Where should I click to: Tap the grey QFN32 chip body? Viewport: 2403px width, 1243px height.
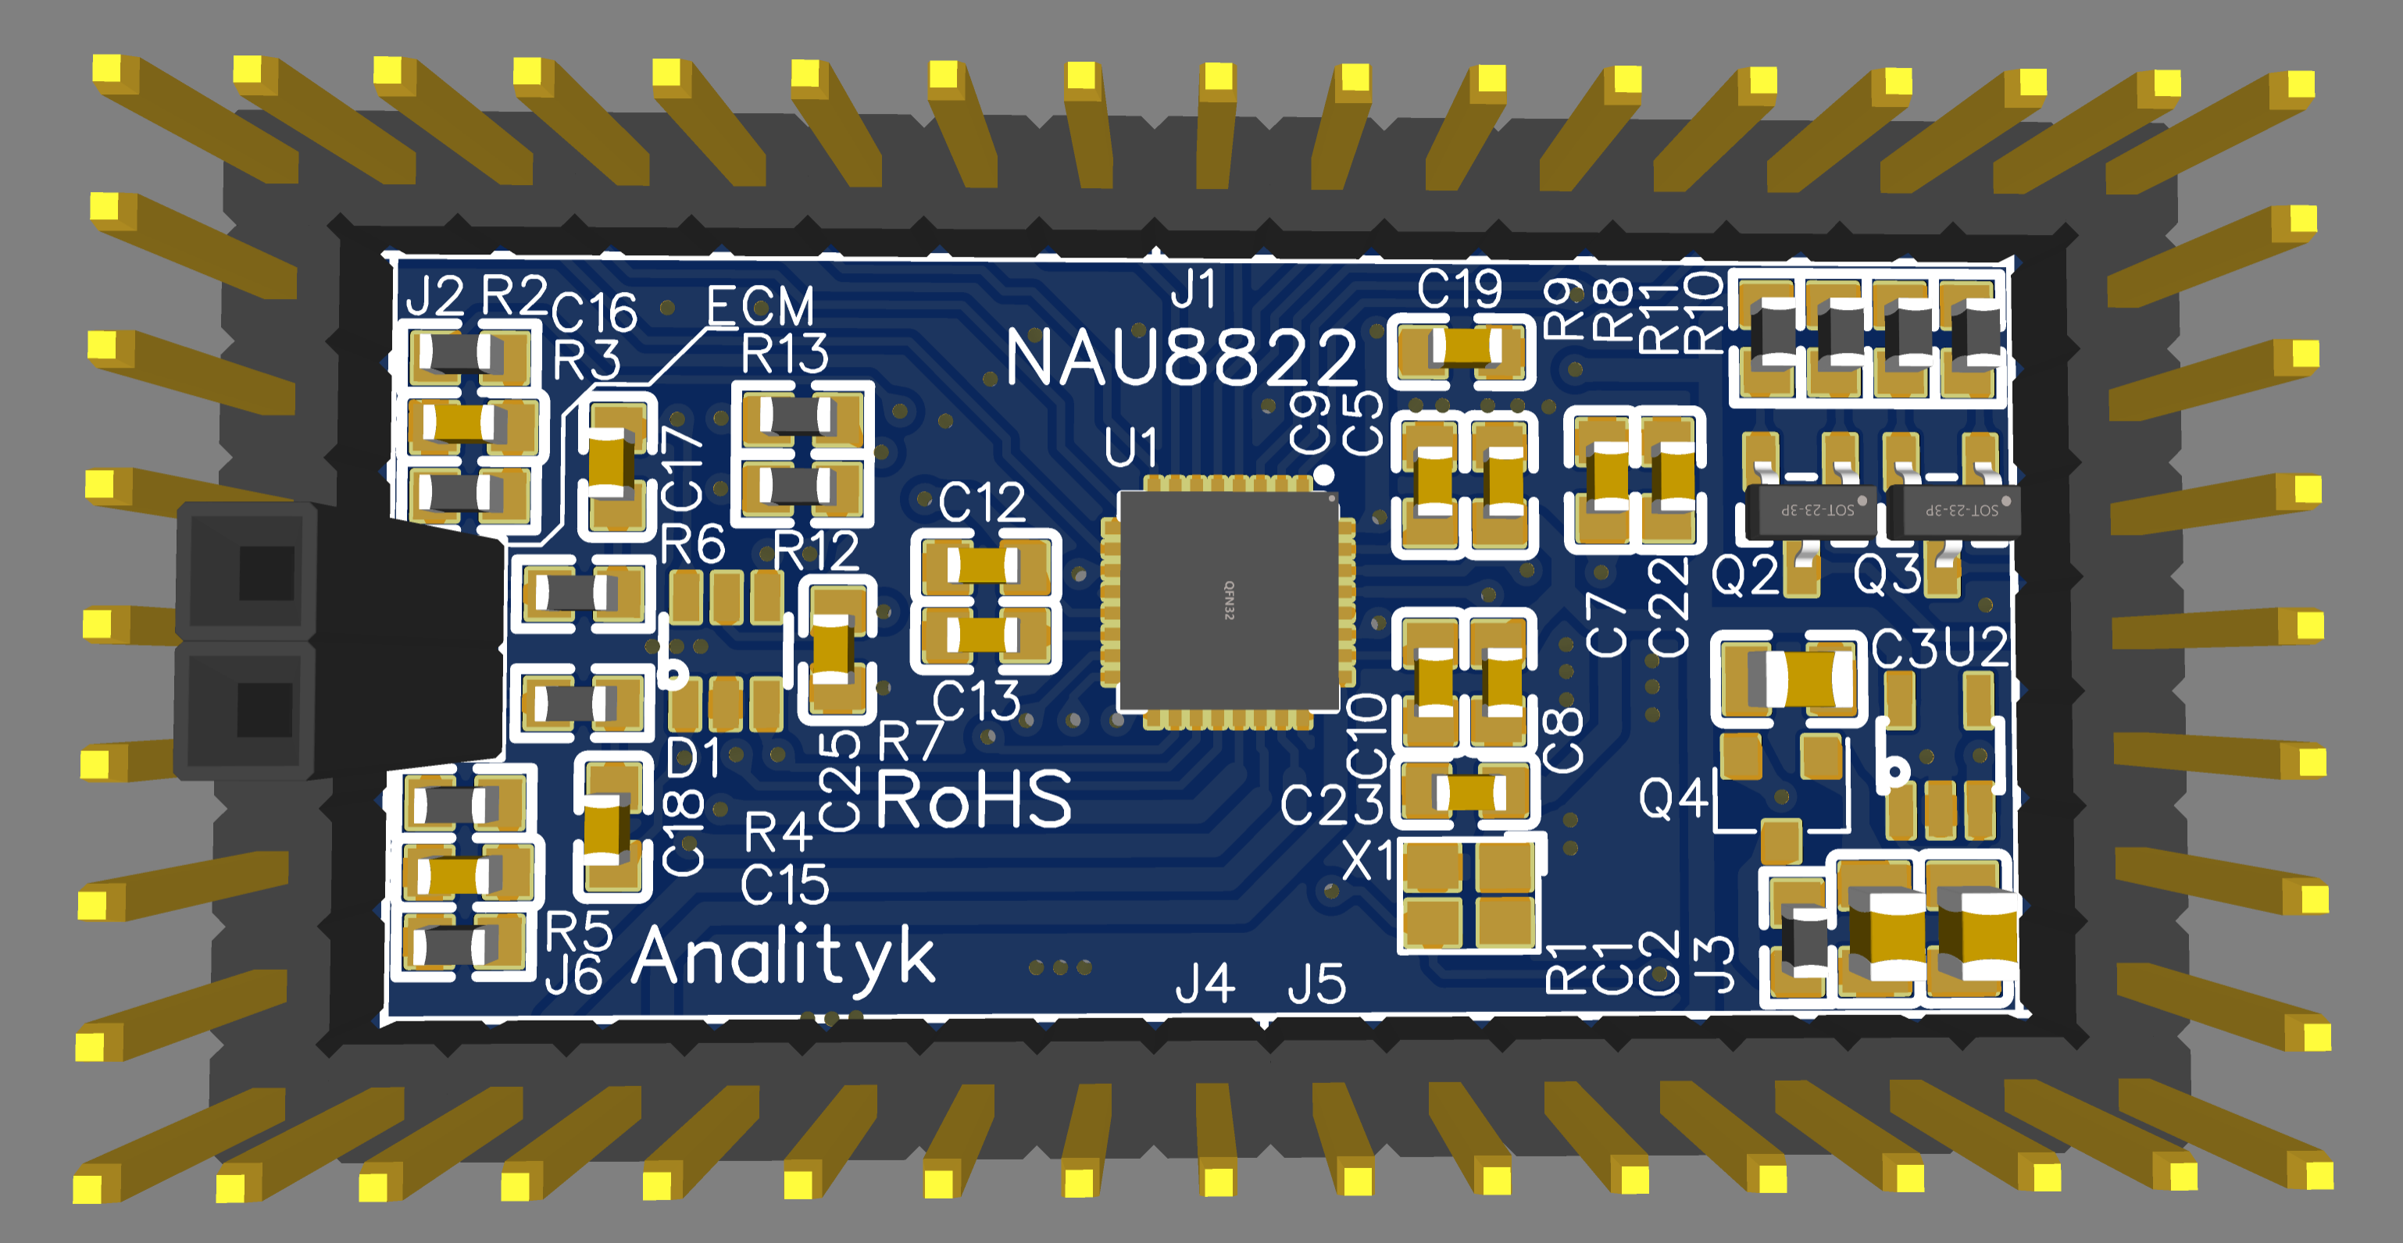pos(1229,600)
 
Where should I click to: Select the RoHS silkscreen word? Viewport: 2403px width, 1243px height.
pos(973,800)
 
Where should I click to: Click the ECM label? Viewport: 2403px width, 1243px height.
pos(759,306)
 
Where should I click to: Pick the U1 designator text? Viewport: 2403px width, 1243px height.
pos(1130,447)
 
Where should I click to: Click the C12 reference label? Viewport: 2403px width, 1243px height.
pos(981,504)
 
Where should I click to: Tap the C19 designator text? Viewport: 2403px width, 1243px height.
pos(1459,289)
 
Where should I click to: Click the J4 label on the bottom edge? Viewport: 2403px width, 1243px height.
pos(1205,984)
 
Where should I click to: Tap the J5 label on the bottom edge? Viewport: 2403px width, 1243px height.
pos(1316,984)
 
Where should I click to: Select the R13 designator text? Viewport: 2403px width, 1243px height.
pos(784,354)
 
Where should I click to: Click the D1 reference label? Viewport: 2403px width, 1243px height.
pos(693,758)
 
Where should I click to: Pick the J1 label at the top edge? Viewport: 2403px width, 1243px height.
pos(1193,289)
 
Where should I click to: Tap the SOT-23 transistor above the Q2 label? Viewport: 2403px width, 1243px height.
pos(1810,509)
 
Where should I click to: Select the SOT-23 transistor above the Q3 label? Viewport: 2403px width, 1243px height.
pos(1953,509)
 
